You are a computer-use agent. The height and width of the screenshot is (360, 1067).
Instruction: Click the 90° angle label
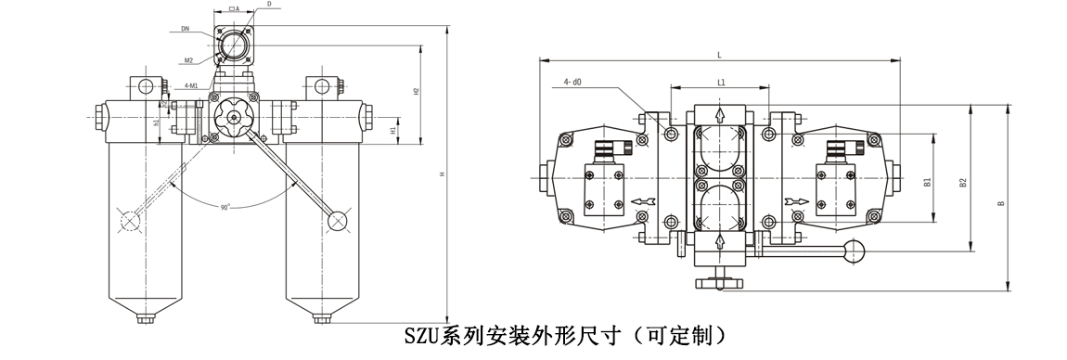225,207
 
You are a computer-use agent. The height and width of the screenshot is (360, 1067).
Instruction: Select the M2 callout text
188,60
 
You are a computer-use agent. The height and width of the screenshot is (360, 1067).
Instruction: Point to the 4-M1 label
190,86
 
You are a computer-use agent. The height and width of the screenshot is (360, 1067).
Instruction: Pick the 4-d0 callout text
572,83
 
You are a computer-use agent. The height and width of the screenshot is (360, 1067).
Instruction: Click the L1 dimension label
721,83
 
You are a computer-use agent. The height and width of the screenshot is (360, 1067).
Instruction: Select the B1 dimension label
928,183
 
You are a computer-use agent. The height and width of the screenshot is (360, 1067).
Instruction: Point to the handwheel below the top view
721,282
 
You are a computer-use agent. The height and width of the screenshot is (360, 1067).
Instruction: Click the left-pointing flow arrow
642,200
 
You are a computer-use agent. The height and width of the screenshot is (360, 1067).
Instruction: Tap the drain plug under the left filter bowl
145,320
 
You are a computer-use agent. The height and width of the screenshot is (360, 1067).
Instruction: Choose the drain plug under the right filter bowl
321,320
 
